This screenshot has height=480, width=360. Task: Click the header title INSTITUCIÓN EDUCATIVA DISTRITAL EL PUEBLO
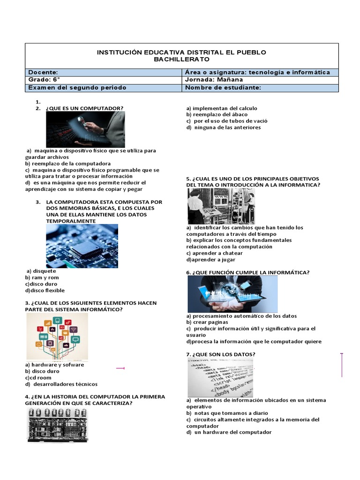click(x=181, y=52)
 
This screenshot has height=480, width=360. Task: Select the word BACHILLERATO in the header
click(x=181, y=60)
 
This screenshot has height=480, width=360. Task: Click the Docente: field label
click(x=43, y=72)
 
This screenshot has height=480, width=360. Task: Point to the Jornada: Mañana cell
click(x=214, y=80)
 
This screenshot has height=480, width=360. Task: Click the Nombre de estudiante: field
click(x=223, y=88)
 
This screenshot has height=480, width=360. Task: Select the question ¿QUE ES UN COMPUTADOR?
click(x=85, y=108)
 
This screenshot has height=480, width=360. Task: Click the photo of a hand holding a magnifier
click(x=85, y=129)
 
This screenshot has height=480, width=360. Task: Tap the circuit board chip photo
click(x=82, y=246)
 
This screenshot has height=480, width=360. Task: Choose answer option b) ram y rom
click(x=42, y=277)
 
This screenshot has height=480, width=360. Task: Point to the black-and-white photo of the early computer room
click(x=221, y=206)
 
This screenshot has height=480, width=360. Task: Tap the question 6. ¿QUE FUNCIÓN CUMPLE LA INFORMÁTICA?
click(x=247, y=272)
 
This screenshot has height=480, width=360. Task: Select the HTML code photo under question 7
click(x=220, y=377)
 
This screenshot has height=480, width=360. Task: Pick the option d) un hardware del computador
click(x=229, y=432)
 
